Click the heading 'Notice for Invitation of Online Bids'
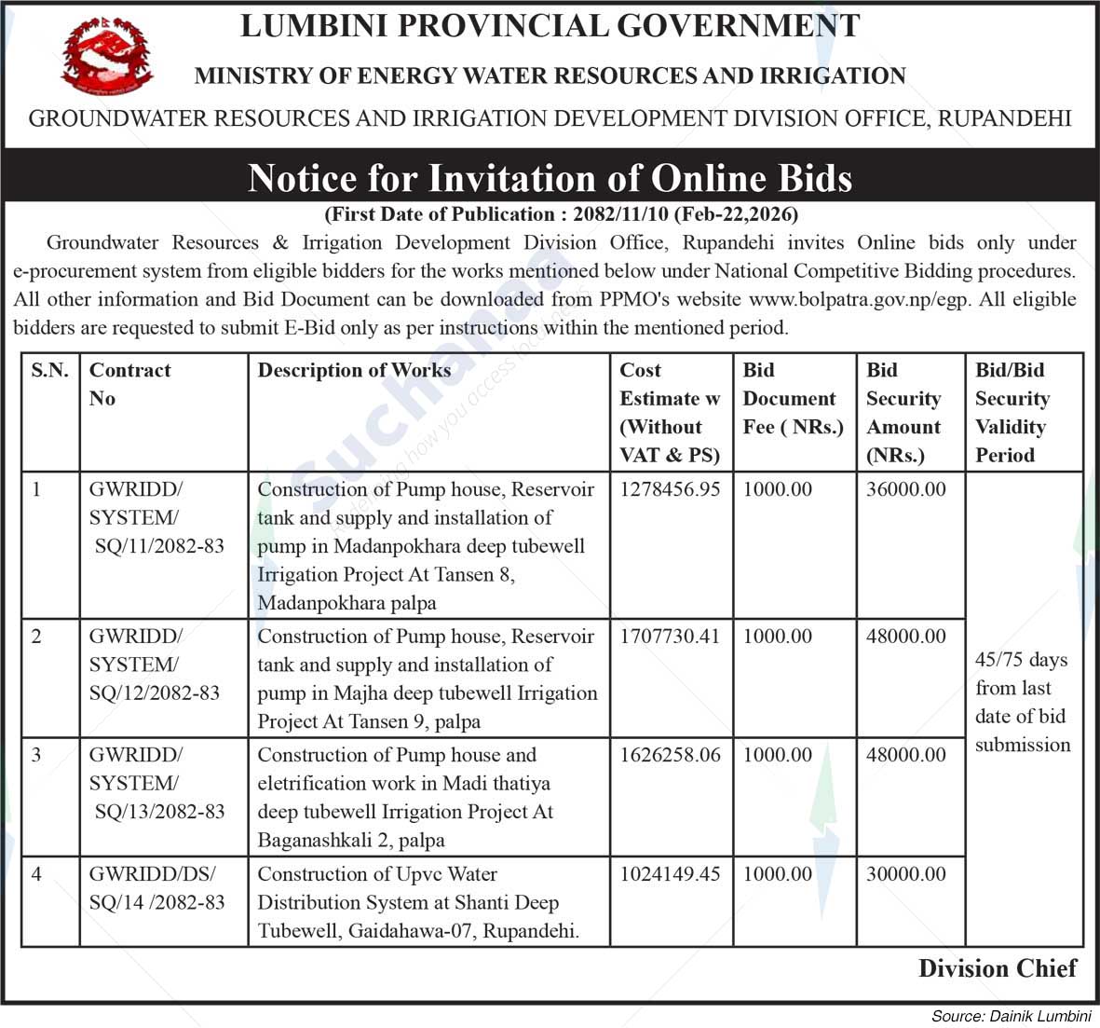tap(550, 177)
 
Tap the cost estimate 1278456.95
tap(670, 489)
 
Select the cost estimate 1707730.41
tap(670, 637)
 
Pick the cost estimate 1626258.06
tap(670, 755)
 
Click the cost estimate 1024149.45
tap(670, 874)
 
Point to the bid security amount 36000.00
tap(905, 489)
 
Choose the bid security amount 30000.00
tap(905, 874)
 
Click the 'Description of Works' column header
tap(354, 370)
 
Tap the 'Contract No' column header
tap(129, 384)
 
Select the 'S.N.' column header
tap(50, 370)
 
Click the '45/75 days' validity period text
tap(1022, 660)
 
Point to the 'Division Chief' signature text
tap(998, 968)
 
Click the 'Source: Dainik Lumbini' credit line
tap(1011, 1016)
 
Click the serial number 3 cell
tap(37, 755)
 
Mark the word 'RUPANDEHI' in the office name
tap(1004, 118)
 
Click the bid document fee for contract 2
tap(778, 637)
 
